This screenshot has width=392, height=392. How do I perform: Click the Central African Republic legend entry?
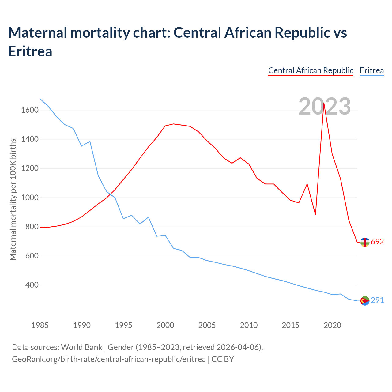click(x=311, y=70)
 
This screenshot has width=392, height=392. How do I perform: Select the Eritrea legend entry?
click(x=371, y=70)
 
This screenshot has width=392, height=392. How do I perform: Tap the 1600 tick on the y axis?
click(x=30, y=110)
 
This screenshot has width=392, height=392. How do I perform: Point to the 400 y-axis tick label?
click(x=32, y=285)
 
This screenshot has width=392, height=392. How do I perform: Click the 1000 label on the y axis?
click(x=30, y=198)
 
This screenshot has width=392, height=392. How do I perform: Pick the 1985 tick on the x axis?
click(x=40, y=325)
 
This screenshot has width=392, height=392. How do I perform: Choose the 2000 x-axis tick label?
click(x=165, y=325)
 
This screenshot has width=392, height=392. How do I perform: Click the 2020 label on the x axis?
click(x=332, y=325)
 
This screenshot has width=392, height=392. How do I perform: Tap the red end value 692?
click(x=377, y=242)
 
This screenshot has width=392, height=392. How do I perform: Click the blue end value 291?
click(x=377, y=300)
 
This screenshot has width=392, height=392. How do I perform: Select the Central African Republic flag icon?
click(x=365, y=242)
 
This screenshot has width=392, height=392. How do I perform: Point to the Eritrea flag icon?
click(x=365, y=301)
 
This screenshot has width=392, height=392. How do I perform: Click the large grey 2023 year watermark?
click(x=325, y=106)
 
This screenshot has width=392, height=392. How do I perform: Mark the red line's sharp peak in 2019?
click(x=324, y=103)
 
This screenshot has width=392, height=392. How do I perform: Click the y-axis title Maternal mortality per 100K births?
click(x=13, y=199)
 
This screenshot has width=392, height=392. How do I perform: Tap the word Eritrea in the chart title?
click(x=30, y=51)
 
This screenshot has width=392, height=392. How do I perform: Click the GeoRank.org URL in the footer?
click(x=109, y=359)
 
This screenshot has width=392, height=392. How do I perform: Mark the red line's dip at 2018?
click(x=315, y=214)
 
